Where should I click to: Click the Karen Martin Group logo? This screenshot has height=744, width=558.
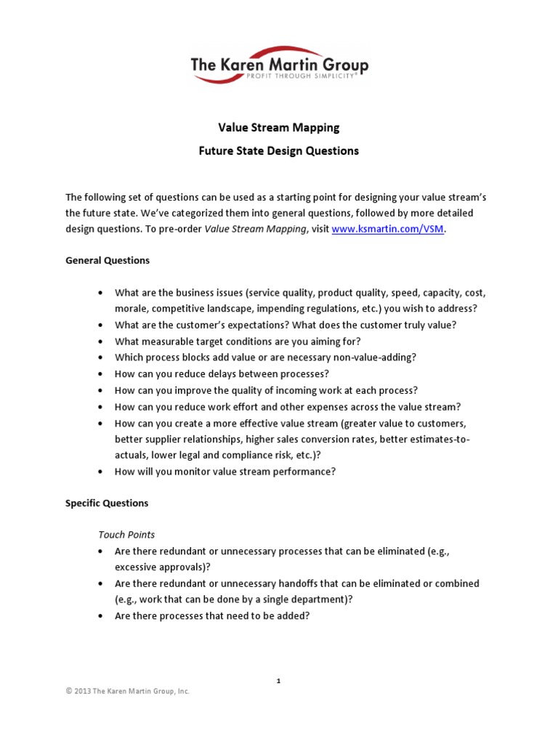(x=279, y=66)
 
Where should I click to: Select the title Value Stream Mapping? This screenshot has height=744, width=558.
(x=279, y=128)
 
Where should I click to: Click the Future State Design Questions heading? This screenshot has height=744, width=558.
(x=279, y=151)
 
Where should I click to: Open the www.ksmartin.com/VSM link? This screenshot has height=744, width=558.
(x=387, y=228)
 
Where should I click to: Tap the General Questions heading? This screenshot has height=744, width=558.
(x=108, y=260)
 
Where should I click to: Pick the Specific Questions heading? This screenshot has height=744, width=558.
(x=107, y=503)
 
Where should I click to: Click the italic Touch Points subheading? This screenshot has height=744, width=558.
(x=126, y=534)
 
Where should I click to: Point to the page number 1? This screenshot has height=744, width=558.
(x=278, y=681)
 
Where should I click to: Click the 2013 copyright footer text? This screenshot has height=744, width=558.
(x=128, y=692)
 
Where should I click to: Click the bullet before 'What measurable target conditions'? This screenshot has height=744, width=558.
(x=100, y=341)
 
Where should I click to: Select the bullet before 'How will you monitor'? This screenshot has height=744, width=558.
(x=100, y=472)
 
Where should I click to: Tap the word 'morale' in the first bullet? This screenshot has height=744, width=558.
(x=132, y=308)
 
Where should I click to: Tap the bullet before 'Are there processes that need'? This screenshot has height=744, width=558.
(x=100, y=616)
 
